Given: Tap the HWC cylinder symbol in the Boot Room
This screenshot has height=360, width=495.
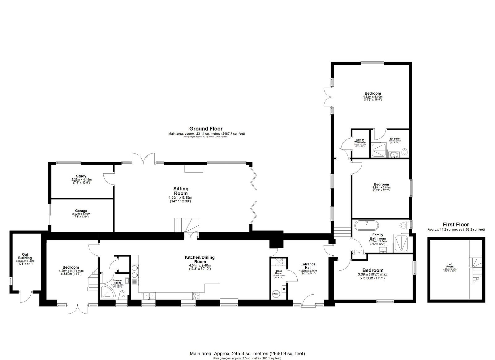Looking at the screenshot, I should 275,293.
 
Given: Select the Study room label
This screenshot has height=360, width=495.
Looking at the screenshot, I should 81,176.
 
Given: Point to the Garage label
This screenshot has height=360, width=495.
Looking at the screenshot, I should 81,211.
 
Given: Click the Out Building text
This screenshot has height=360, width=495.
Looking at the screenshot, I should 25,256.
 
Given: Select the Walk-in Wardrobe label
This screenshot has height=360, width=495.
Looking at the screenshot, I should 360,141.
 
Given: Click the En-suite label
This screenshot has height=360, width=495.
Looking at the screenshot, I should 395,138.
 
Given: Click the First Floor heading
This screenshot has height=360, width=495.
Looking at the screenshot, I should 456,225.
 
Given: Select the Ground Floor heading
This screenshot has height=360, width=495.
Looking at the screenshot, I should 206,129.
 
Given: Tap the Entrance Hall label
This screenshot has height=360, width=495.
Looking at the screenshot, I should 308,266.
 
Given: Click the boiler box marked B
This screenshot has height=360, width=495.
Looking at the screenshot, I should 284,289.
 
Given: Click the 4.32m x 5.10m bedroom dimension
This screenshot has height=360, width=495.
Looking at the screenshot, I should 372,97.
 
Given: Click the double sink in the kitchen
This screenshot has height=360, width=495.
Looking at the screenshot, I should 149,295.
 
